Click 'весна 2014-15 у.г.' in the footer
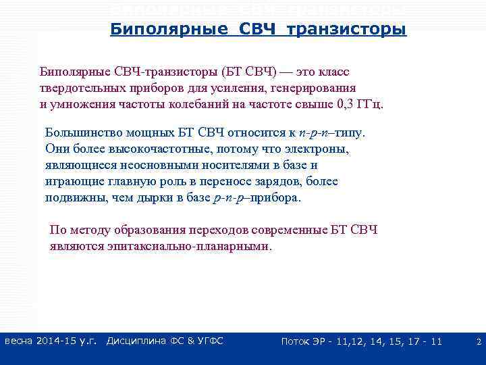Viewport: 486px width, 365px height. tap(51, 341)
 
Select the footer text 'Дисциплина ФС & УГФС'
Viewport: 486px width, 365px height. tap(165, 341)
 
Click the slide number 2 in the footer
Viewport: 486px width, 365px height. tap(478, 342)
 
